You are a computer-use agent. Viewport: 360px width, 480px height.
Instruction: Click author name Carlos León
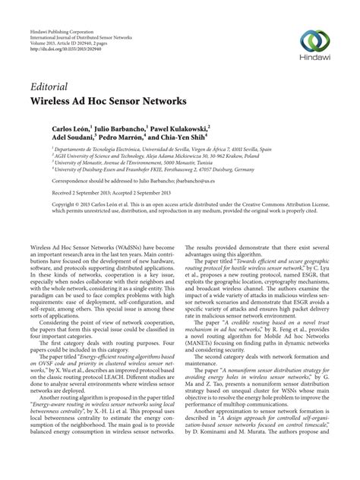pos(72,131)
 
